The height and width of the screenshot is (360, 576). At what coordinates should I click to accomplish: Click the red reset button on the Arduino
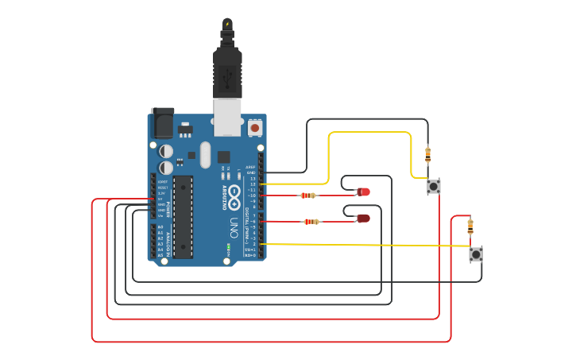pos(255,127)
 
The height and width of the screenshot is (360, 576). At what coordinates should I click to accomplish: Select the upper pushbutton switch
pos(433,187)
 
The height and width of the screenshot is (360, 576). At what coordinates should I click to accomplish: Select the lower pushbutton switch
pos(475,254)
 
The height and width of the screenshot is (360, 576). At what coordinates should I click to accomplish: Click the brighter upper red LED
pos(363,192)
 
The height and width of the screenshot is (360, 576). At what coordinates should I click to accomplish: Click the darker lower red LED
pos(363,219)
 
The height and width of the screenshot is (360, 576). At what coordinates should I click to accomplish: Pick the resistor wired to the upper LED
pos(308,195)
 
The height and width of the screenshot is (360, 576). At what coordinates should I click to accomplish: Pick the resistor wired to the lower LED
pos(311,222)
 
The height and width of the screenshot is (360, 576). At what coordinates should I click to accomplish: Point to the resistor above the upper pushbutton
pos(427,153)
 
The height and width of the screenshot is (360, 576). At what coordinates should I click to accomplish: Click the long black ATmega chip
pos(183,217)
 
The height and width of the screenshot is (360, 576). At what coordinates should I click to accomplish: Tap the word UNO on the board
pos(234,223)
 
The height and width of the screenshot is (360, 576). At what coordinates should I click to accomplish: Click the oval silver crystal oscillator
pos(205,154)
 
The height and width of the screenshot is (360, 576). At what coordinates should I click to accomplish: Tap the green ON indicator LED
pos(229,247)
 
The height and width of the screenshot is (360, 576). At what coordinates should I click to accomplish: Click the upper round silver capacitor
pos(166,151)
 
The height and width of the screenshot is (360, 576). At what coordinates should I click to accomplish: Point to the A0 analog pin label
pos(160,227)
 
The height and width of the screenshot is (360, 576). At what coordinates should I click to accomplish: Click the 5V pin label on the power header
pos(160,199)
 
